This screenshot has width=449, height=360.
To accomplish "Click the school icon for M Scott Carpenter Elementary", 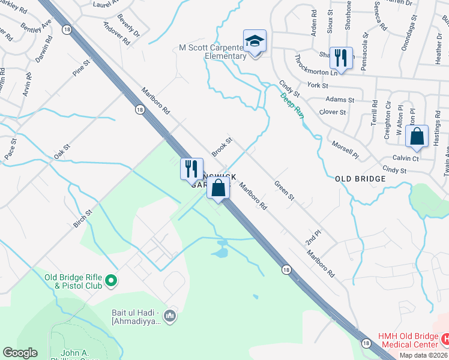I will pos(255,42).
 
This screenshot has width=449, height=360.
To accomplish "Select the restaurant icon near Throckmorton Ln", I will pos(341,59).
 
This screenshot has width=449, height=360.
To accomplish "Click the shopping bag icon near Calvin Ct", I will pos(417,137).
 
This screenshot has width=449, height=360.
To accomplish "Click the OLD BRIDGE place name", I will pos(359,179).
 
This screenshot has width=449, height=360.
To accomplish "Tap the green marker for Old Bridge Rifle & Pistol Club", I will pos(110,280).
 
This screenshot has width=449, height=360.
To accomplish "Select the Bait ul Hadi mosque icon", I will pos(170,315).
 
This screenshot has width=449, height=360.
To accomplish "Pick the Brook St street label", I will pos(222,145).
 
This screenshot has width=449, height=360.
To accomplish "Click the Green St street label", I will pos(285,191).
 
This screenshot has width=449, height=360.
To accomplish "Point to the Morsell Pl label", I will pos(345,149).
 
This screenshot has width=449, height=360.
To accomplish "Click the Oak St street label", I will pos(62,149).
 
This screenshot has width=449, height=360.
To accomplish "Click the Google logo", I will pos(20,353).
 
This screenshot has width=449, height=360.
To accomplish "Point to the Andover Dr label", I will pos(116,34).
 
